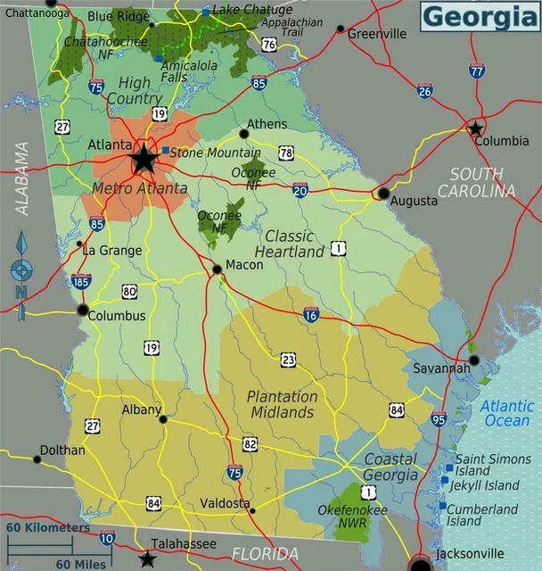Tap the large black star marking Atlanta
click(x=144, y=160)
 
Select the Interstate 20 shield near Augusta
click(x=300, y=189)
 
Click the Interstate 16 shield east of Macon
click(x=310, y=314)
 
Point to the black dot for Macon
click(x=217, y=269)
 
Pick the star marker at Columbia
click(x=476, y=128)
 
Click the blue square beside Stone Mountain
click(x=165, y=151)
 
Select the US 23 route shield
click(x=288, y=360)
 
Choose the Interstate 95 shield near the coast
click(x=439, y=418)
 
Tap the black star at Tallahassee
click(x=147, y=559)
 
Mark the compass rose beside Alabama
click(x=21, y=268)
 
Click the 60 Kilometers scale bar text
click(x=49, y=527)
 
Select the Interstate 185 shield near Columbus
click(x=80, y=282)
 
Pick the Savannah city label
click(x=439, y=368)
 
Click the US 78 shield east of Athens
click(x=286, y=153)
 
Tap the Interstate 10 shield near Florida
click(x=107, y=537)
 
